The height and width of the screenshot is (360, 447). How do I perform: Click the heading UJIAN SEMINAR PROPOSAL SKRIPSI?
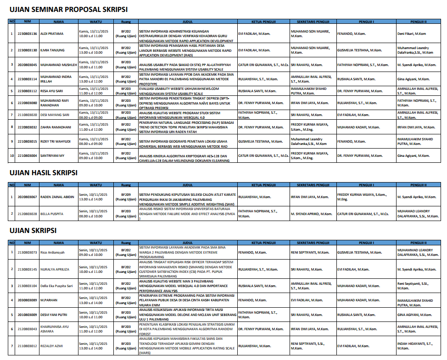point(69,10)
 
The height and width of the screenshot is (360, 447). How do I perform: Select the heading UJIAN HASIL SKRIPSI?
point(44,173)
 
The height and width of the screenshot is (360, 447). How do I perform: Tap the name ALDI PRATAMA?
point(51,34)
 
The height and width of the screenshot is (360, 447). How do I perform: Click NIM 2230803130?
point(27,50)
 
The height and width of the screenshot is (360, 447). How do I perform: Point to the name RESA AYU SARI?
point(52,91)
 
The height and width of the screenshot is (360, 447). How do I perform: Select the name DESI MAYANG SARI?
point(55,115)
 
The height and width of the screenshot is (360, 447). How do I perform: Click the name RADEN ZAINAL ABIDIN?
point(58,197)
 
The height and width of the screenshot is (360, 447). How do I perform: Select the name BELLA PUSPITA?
point(52,214)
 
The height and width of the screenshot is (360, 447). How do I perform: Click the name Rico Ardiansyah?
point(52,252)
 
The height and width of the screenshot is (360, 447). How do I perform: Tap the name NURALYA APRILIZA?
point(55,269)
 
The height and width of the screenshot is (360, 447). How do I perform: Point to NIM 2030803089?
point(27,300)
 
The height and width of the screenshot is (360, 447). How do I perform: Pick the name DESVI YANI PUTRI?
point(54,315)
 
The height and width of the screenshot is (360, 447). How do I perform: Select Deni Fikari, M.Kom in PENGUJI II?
point(412,34)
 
